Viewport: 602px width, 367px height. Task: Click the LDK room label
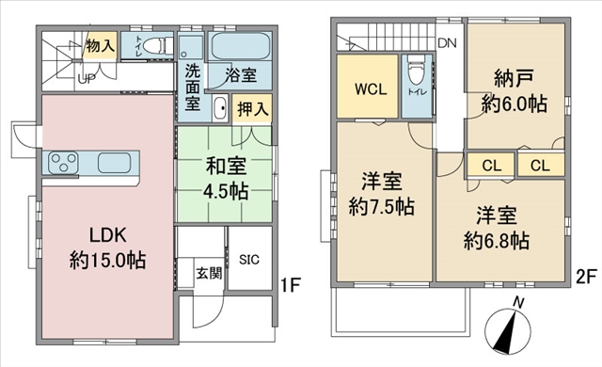tap(105, 247)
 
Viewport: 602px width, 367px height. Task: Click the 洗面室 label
tap(192, 87)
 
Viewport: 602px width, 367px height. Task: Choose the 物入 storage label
tap(99, 43)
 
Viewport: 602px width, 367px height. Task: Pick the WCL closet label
tap(367, 89)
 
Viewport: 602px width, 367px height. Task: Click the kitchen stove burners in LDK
tap(63, 163)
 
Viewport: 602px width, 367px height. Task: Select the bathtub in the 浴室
tap(241, 46)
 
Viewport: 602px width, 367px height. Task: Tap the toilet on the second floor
tap(414, 73)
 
